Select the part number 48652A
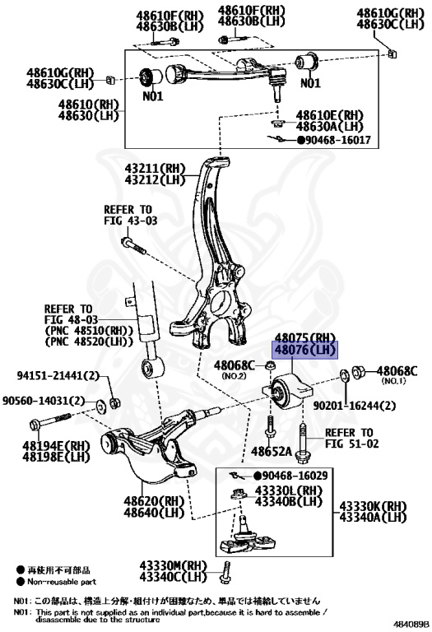[272, 452]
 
